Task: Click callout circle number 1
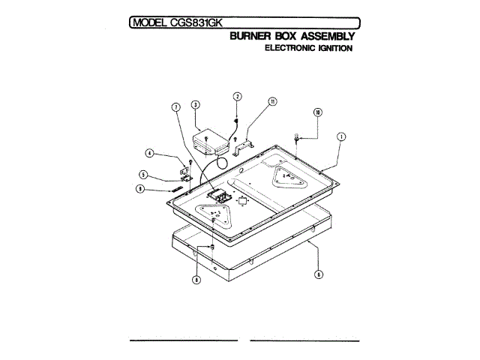point(341,137)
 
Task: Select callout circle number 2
point(237,97)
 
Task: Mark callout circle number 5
point(143,175)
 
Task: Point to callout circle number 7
point(176,108)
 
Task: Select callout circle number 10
point(318,112)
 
